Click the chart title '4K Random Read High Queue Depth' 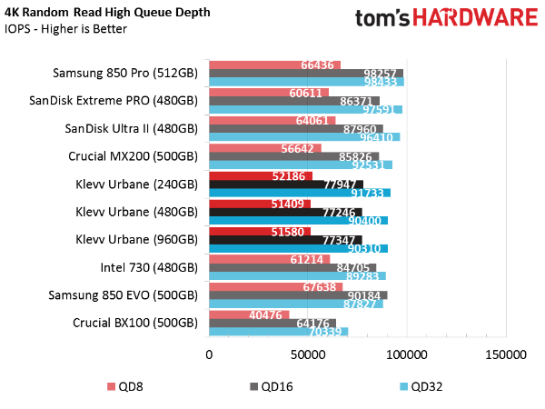point(106,13)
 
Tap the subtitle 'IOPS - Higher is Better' point(65,29)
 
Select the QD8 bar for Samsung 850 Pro point(274,65)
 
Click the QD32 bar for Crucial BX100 point(278,332)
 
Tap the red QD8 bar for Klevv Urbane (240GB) point(261,175)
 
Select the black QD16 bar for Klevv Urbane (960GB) point(285,239)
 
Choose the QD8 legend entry point(128,386)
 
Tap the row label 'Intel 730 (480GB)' point(149,267)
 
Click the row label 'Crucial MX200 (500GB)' point(133,155)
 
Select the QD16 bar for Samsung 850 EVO point(298,294)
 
